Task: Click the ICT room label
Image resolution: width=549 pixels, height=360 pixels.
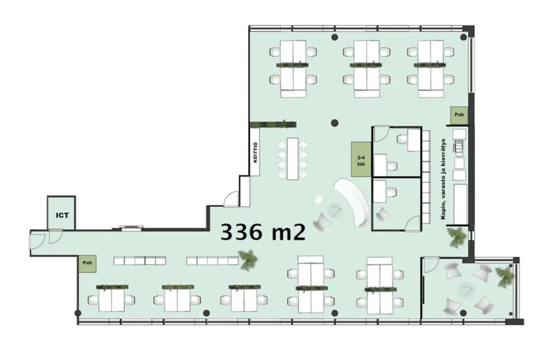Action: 62,215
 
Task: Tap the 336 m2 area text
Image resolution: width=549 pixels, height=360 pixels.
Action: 263,231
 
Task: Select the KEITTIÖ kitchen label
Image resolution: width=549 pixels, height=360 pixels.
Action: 255,153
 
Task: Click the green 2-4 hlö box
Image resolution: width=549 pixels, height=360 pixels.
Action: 361,159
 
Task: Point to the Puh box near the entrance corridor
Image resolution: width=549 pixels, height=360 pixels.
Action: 87,262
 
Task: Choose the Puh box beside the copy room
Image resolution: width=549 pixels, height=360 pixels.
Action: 459,115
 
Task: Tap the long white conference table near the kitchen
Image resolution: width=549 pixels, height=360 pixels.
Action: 292,159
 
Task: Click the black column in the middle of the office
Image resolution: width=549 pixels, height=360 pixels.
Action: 335,123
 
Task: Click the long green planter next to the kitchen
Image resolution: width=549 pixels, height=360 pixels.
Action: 273,124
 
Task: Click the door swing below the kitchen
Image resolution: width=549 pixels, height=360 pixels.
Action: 231,199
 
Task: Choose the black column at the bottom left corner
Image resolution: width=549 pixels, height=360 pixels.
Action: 78,313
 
